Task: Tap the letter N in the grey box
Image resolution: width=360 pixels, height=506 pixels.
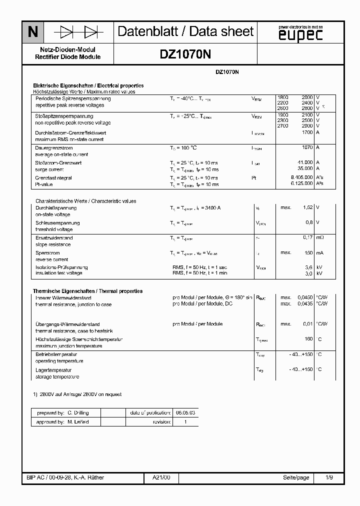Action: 32,32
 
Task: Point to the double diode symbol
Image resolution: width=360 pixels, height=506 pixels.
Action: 78,32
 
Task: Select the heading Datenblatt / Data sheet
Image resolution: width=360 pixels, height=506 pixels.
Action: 185,32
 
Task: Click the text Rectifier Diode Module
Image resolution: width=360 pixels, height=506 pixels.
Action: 68,57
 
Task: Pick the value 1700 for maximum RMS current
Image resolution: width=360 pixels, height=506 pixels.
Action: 307,132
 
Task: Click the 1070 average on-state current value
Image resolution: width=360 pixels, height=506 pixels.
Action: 307,148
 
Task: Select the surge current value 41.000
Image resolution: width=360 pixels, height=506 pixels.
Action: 305,163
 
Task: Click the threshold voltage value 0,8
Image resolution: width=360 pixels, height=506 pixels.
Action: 309,222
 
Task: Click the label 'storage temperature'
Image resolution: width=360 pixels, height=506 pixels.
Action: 57,376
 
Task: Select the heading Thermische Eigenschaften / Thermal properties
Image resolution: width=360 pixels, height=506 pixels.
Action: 87,291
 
